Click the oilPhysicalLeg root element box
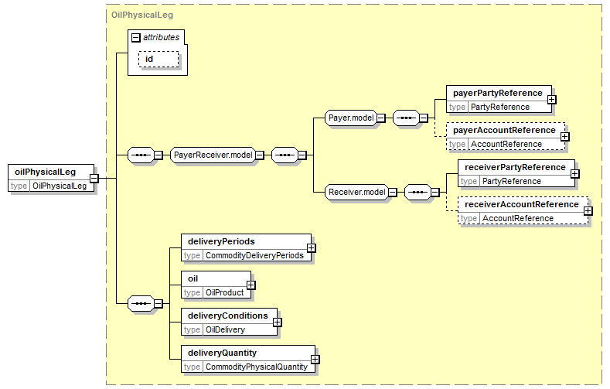pyautogui.click(x=51, y=178)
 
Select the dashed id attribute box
pyautogui.click(x=158, y=59)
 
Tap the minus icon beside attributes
pyautogui.click(x=136, y=38)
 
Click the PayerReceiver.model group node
pyautogui.click(x=213, y=155)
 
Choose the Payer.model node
pyautogui.click(x=351, y=118)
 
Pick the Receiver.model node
pyautogui.click(x=356, y=192)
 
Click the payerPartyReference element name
pyautogui.click(x=498, y=93)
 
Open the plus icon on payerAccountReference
pyautogui.click(x=565, y=137)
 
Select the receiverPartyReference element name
pyautogui.click(x=515, y=167)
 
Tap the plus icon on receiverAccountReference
pyautogui.click(x=588, y=211)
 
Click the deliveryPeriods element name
pyautogui.click(x=221, y=241)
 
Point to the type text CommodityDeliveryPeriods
pyautogui.click(x=254, y=255)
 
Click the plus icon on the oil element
pyautogui.click(x=251, y=285)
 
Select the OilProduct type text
pyautogui.click(x=224, y=292)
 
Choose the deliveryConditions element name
pyautogui.click(x=228, y=316)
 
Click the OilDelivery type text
pyautogui.click(x=225, y=330)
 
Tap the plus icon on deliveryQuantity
pyautogui.click(x=315, y=360)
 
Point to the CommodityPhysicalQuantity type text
pyautogui.click(x=257, y=367)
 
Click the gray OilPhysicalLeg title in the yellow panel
pyautogui.click(x=142, y=15)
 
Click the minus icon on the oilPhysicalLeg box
pyautogui.click(x=94, y=178)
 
